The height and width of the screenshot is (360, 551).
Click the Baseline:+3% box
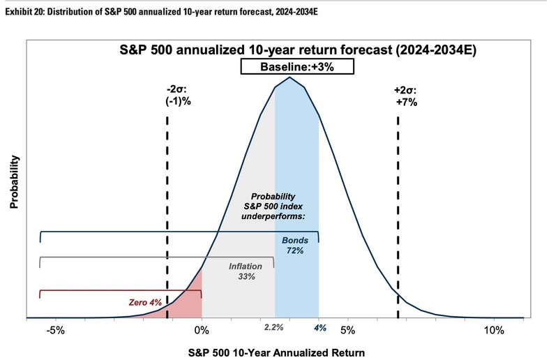click(x=298, y=67)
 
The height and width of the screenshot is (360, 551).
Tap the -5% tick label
click(x=56, y=330)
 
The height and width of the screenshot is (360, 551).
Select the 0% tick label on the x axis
click(x=202, y=330)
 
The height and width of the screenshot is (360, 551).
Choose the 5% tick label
click(x=348, y=330)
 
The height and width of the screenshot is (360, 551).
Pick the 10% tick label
click(x=494, y=330)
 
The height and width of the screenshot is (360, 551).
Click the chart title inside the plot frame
click(x=297, y=50)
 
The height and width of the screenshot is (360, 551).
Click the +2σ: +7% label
click(x=405, y=96)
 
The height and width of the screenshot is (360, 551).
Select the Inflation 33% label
click(x=246, y=271)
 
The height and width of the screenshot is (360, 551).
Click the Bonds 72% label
click(x=294, y=245)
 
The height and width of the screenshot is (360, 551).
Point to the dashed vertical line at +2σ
click(x=398, y=209)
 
